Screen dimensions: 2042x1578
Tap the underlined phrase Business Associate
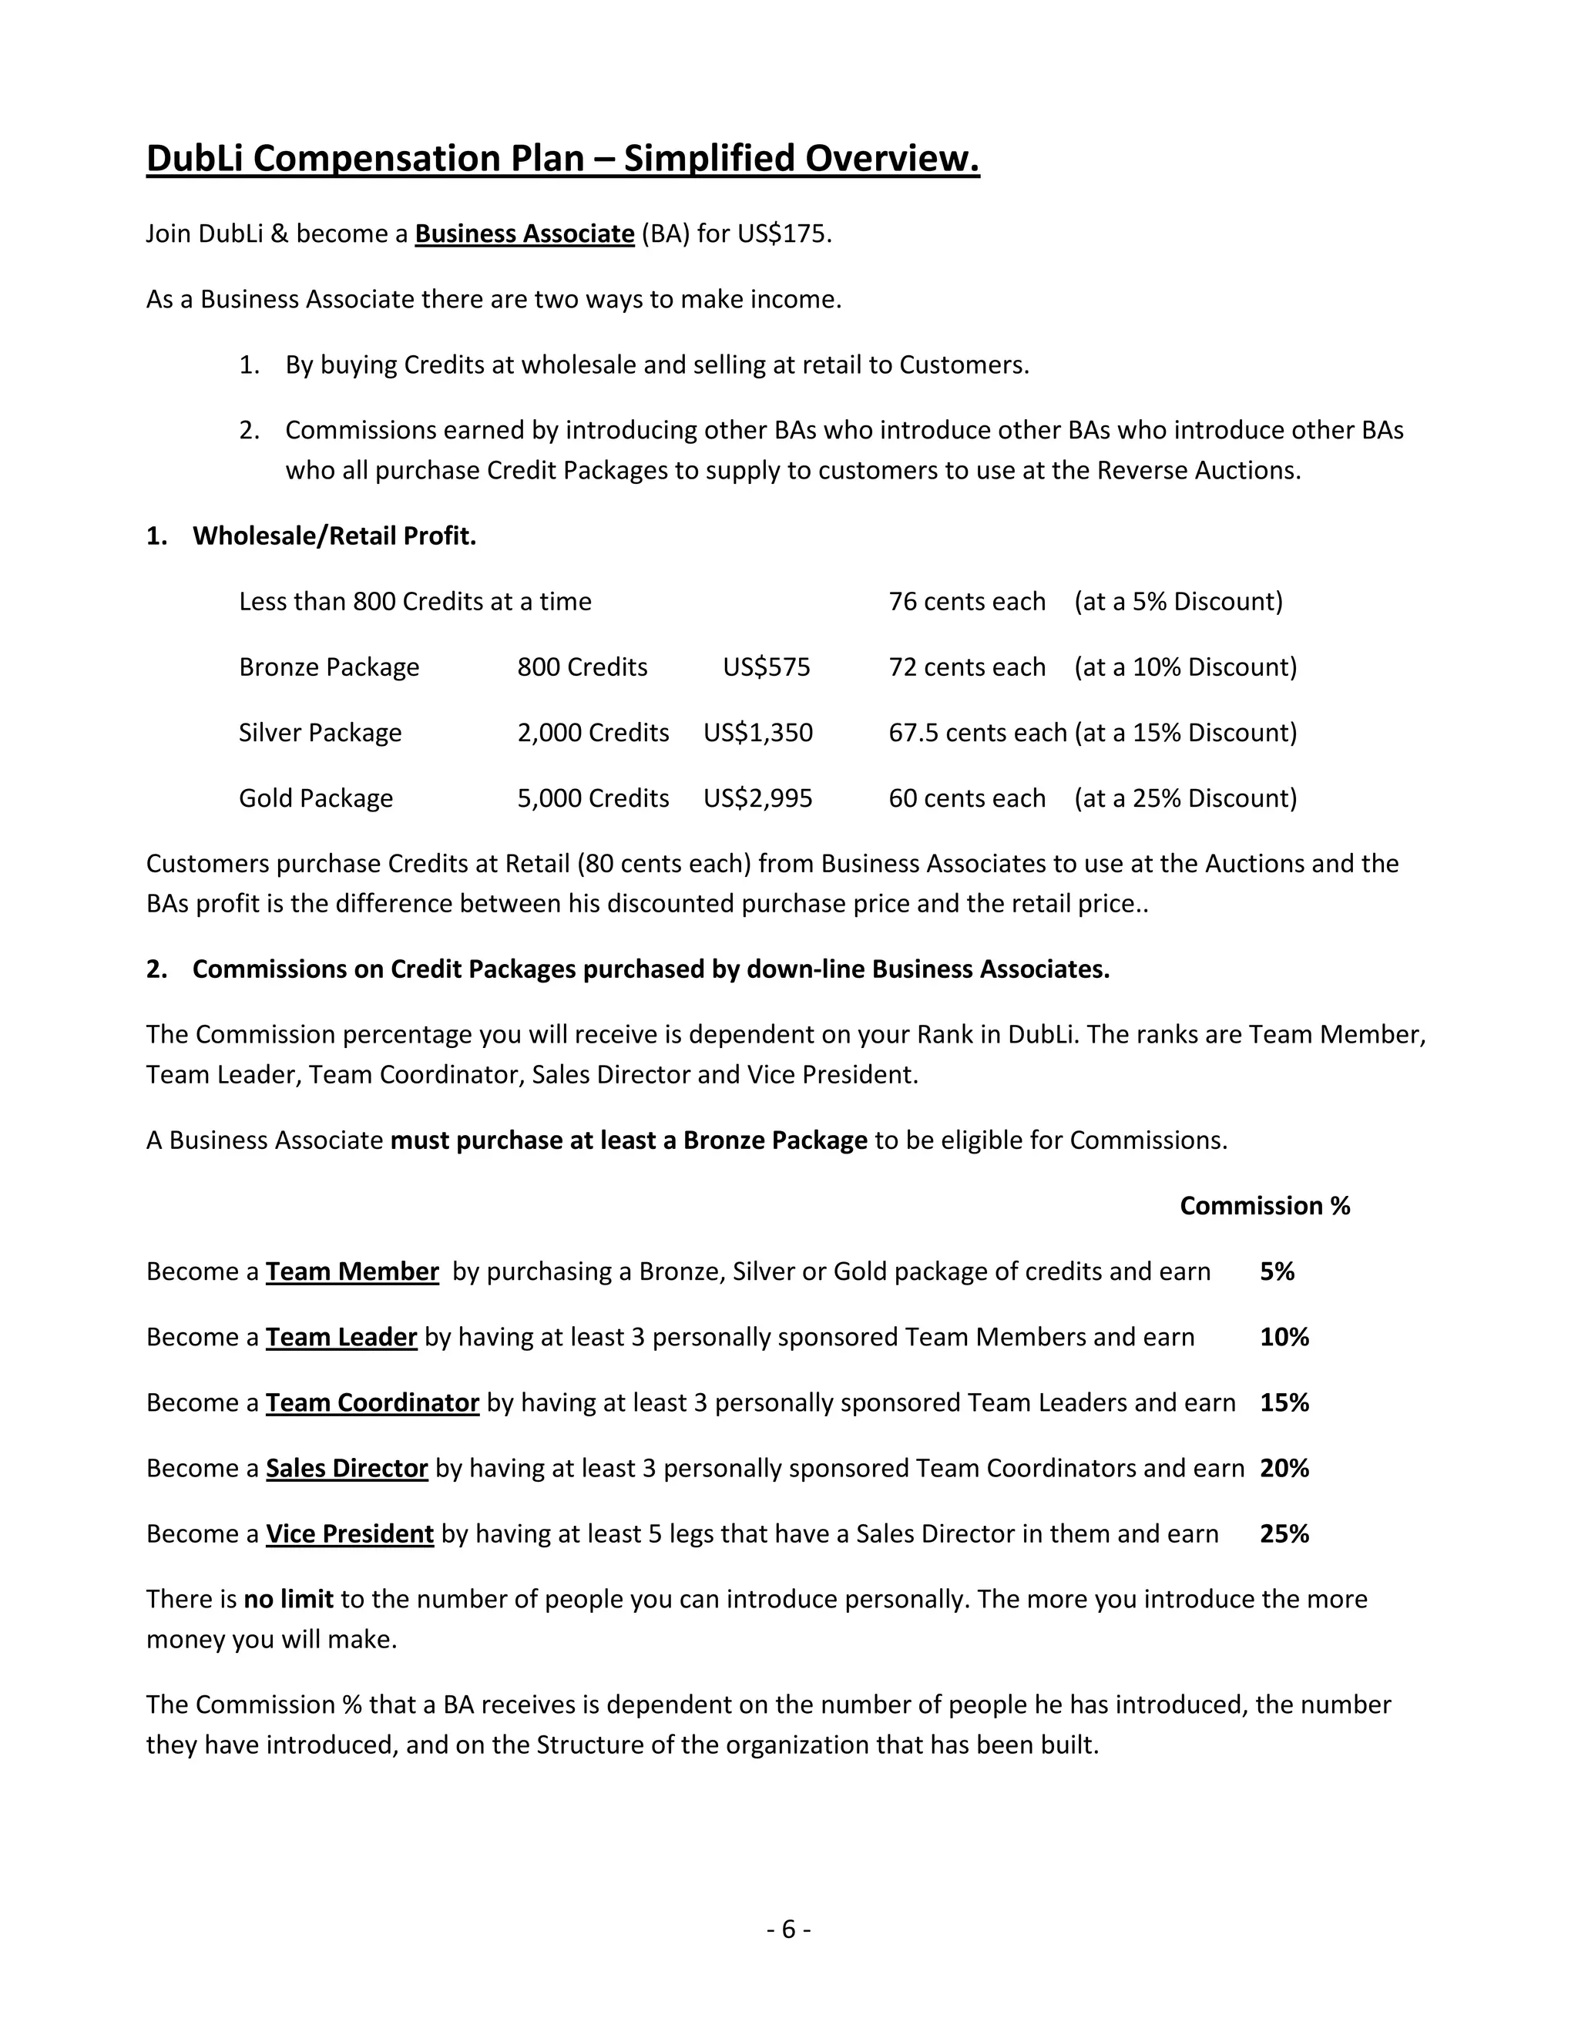point(525,233)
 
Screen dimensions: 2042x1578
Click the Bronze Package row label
point(329,667)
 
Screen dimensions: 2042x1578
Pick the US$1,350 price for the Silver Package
point(758,732)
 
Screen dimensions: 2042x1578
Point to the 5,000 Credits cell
point(593,798)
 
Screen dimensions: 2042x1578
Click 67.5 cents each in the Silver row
point(977,732)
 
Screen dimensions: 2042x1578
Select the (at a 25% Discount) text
point(1185,798)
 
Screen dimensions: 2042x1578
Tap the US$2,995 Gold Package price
point(758,798)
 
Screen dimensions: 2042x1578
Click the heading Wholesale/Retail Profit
point(334,536)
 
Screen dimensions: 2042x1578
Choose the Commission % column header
point(1264,1205)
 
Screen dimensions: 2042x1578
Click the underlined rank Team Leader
point(341,1337)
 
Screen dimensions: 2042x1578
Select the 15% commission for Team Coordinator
point(1284,1402)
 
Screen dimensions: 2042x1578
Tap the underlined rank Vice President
point(350,1533)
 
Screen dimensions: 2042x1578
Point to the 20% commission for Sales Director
point(1284,1468)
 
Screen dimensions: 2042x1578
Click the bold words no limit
point(288,1599)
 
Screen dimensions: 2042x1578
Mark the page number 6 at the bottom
point(788,1929)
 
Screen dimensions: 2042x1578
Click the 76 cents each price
point(967,601)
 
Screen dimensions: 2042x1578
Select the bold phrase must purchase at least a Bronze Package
point(628,1140)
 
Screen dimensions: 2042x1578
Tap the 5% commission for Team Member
point(1277,1271)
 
